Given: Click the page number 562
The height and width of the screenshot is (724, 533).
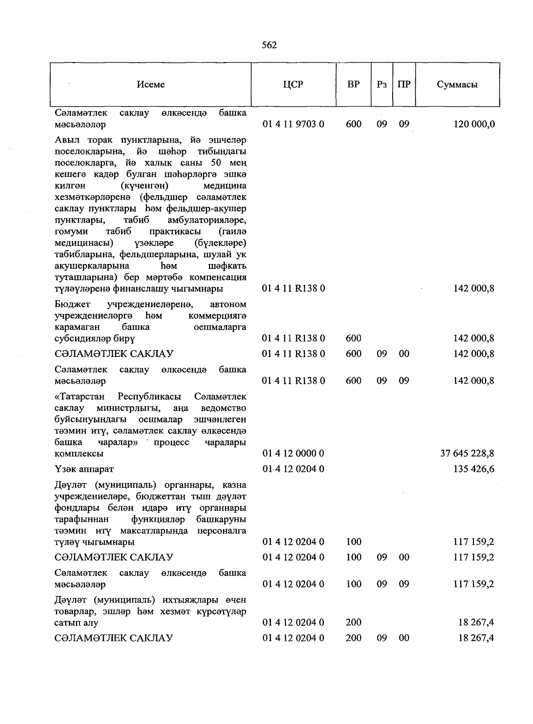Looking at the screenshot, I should coord(269,45).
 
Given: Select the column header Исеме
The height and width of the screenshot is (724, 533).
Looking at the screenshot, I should coord(151,84).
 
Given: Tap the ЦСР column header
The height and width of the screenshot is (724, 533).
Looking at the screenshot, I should coord(293,84).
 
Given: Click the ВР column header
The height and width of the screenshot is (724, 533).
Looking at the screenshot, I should coord(354,84).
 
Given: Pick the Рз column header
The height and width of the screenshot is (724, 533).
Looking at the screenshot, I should coord(382,84).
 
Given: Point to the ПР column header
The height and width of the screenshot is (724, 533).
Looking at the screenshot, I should coord(404,84).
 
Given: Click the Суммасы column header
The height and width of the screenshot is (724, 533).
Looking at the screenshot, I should coord(457,84).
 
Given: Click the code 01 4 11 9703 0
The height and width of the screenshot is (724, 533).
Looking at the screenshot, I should coord(293,124).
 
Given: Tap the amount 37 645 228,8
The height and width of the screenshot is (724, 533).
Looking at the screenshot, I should coord(467,453).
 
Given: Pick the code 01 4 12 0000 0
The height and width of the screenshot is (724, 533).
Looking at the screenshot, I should coord(293,453).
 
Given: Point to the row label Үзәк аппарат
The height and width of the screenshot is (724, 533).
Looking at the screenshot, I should coord(84,469).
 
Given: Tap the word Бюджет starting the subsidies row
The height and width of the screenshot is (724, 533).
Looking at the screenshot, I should coord(73,304).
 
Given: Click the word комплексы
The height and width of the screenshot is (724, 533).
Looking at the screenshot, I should coord(79,454).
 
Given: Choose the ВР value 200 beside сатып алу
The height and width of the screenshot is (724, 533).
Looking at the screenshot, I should coord(354,623).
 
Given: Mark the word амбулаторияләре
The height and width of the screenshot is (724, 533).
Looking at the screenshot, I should coord(207,220).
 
